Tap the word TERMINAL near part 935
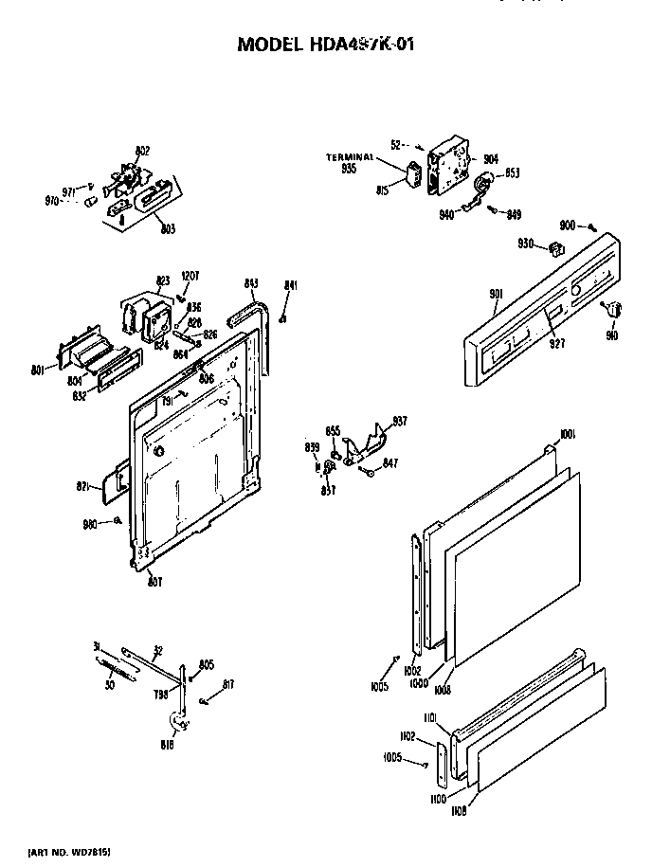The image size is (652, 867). pyautogui.click(x=345, y=156)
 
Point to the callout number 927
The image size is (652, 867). pyautogui.click(x=556, y=344)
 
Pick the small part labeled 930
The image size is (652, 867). pyautogui.click(x=556, y=249)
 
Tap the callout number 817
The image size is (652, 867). pyautogui.click(x=228, y=685)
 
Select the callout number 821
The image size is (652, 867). pyautogui.click(x=83, y=486)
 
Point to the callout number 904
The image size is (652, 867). pyautogui.click(x=491, y=159)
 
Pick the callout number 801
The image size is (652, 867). pyautogui.click(x=38, y=370)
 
